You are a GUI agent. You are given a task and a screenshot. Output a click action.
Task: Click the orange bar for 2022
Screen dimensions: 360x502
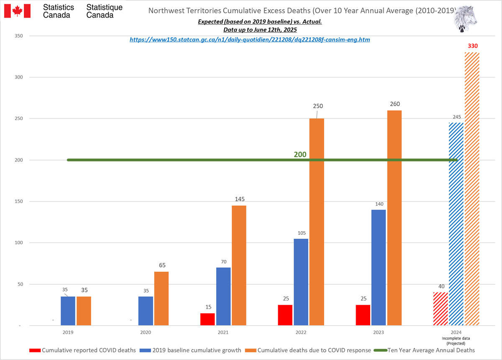click(x=317, y=222)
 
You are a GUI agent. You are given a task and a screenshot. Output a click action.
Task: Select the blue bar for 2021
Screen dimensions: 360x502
click(x=223, y=296)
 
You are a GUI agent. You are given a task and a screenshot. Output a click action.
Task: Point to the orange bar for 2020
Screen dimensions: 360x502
click(x=161, y=299)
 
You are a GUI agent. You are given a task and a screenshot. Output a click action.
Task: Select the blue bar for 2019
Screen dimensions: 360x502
click(x=68, y=311)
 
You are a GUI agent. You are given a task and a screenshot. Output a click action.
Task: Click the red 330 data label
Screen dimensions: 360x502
click(x=473, y=46)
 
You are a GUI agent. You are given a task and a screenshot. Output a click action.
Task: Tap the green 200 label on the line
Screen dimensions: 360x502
click(x=300, y=154)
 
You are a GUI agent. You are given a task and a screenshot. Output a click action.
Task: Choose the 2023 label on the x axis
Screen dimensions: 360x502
click(x=378, y=333)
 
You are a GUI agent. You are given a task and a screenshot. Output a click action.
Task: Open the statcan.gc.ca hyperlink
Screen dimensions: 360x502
click(x=250, y=40)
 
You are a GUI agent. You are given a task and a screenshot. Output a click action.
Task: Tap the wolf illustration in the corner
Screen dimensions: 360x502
click(x=466, y=18)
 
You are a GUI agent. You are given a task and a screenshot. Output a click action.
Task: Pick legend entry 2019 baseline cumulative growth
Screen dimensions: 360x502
click(x=193, y=350)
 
